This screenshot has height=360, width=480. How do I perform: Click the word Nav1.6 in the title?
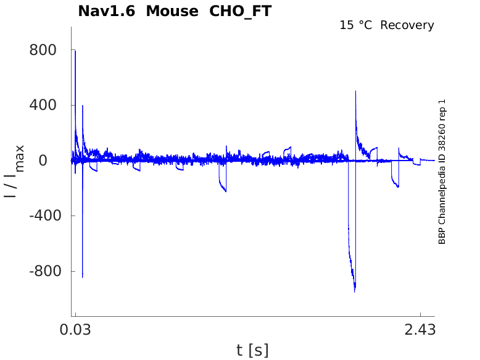coord(107,11)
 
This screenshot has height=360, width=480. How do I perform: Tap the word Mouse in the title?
coord(172,11)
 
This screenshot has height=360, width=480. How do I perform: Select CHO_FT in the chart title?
coord(240,12)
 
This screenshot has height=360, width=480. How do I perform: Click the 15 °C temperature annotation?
coord(356,25)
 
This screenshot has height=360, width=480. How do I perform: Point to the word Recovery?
coord(407,25)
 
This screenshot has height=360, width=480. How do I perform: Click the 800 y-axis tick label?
coord(43,50)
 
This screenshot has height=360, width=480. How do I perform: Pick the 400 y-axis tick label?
coord(43,105)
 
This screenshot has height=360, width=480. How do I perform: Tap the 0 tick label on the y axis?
coord(43,161)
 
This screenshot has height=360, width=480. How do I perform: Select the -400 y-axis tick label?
coord(45,216)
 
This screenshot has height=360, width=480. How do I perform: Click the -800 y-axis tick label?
coord(45,271)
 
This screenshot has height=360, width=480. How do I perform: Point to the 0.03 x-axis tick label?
coord(75,330)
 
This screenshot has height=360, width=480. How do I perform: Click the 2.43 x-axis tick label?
coord(420,330)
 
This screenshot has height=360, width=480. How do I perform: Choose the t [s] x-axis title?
coord(252,350)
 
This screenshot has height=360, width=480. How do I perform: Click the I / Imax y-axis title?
coord(14,171)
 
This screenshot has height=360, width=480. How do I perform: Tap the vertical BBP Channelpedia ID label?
coord(442,172)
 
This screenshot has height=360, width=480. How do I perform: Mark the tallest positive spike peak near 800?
coord(75,51)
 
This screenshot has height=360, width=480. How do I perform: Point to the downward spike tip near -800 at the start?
coord(82,277)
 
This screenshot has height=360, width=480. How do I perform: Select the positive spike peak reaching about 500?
coord(355,91)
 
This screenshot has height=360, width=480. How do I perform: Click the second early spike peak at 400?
coord(83,106)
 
